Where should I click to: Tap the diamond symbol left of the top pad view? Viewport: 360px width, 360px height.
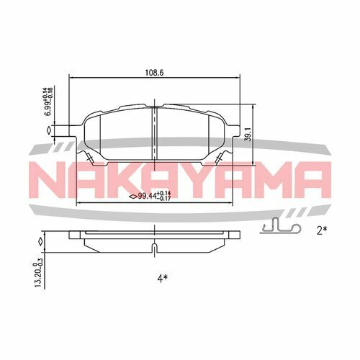pyautogui.click(x=48, y=130)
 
